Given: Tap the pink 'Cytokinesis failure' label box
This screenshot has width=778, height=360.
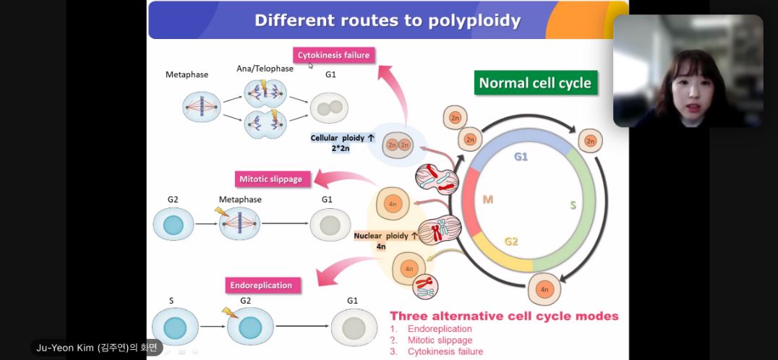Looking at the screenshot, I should pos(333,55).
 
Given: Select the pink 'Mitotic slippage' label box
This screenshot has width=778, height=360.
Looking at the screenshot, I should pos(270,178).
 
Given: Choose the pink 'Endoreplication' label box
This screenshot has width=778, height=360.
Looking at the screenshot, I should pos(261,285).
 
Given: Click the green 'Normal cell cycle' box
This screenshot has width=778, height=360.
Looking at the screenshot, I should pos(535,82).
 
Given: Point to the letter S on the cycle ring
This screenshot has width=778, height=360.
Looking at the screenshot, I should pos(573,205).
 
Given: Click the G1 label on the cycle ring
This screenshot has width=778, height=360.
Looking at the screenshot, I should pos(521,156).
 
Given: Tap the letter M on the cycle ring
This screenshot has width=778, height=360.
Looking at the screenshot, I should pos(487,200).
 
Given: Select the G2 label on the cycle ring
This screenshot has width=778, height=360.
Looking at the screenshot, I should pos(511,241).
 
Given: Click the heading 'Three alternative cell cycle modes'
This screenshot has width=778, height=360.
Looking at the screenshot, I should pos(504,316).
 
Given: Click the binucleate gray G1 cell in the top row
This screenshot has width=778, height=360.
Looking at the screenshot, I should pos(330,108).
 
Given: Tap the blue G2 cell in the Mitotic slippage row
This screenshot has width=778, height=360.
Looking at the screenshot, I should pos(174,224).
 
